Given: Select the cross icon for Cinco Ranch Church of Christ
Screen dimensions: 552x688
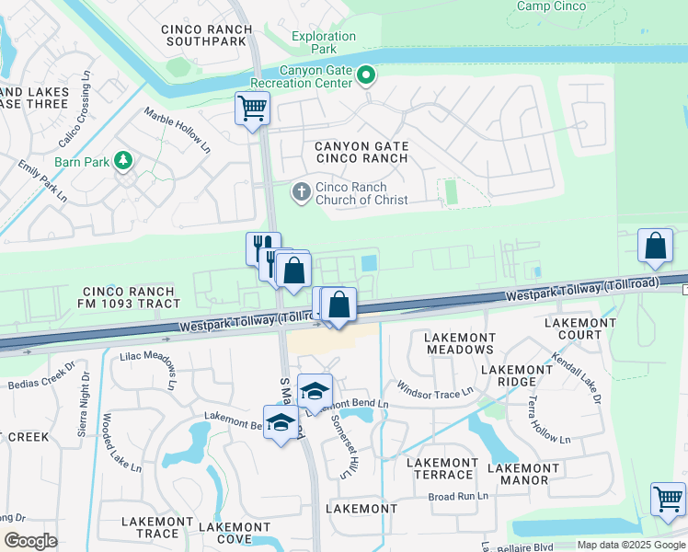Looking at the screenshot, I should (301, 192).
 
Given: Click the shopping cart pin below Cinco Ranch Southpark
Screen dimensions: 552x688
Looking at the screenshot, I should (252, 109).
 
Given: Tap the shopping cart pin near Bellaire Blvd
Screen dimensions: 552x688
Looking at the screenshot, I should (668, 500).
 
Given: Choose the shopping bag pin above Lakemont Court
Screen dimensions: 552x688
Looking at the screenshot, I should (656, 246).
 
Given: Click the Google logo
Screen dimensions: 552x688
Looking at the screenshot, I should (30, 541).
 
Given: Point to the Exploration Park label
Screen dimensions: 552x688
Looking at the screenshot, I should (324, 42).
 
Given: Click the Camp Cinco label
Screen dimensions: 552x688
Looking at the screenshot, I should (552, 6).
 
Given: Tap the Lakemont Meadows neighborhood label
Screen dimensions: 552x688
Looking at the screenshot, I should (460, 343).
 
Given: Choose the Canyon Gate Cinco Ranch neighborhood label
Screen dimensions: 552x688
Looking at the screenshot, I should (361, 152).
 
